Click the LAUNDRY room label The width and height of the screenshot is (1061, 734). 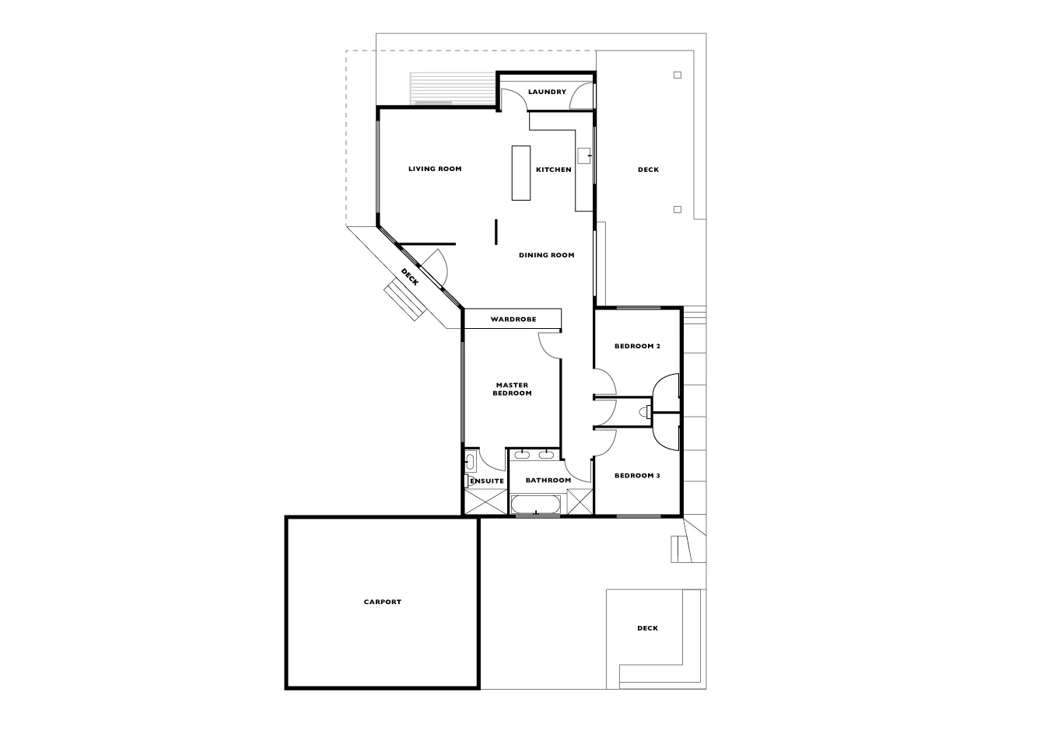pyautogui.click(x=547, y=92)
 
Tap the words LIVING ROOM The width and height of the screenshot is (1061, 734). pyautogui.click(x=435, y=169)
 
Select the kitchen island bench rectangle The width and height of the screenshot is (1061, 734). pyautogui.click(x=520, y=173)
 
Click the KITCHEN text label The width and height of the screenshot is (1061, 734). pyautogui.click(x=553, y=170)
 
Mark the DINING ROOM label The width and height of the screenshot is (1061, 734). pyautogui.click(x=546, y=255)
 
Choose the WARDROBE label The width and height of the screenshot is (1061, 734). pyautogui.click(x=513, y=320)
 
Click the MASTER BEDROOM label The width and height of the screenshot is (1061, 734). pyautogui.click(x=512, y=389)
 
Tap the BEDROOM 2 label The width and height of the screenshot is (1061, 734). pyautogui.click(x=637, y=346)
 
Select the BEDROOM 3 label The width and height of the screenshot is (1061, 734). pyautogui.click(x=637, y=475)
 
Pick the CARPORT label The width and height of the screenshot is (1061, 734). pyautogui.click(x=382, y=602)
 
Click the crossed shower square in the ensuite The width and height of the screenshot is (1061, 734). pyautogui.click(x=486, y=502)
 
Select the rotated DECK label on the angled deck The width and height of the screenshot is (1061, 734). pyautogui.click(x=410, y=277)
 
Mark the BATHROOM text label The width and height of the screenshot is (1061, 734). pyautogui.click(x=548, y=481)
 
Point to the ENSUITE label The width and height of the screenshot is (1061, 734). pyautogui.click(x=486, y=481)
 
